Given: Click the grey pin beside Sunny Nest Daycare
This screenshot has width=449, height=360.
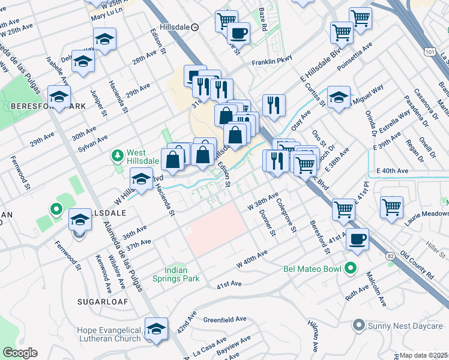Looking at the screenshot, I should (359, 326).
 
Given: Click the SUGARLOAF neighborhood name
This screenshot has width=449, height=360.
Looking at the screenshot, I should (102, 302).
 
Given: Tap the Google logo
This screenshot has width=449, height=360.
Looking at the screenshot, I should (20, 353).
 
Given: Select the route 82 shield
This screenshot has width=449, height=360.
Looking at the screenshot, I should (391, 256).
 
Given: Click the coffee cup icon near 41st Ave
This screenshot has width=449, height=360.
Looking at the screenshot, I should (358, 238).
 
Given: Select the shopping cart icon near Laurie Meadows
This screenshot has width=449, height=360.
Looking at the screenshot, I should (391, 206).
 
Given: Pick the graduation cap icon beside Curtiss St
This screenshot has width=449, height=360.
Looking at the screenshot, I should (339, 97).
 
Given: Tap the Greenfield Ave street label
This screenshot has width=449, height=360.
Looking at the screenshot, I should (224, 319).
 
